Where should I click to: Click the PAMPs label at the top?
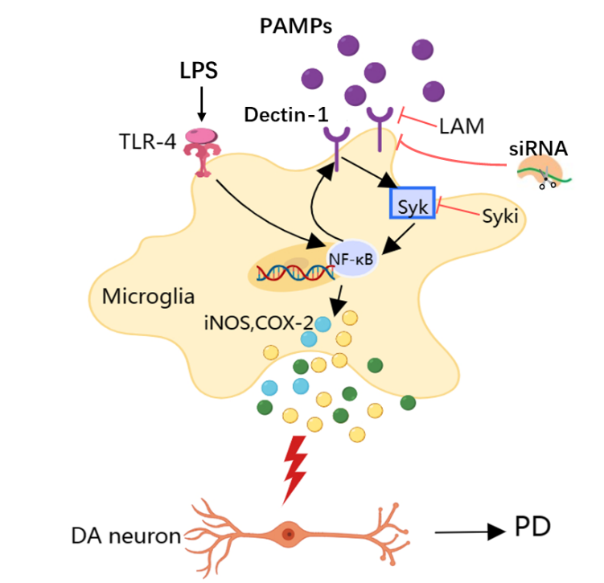pyautogui.click(x=297, y=27)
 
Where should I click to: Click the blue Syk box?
pyautogui.click(x=413, y=203)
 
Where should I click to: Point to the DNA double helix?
pyautogui.click(x=293, y=273)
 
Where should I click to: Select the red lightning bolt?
pyautogui.click(x=297, y=467)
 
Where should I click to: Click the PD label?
pyautogui.click(x=533, y=528)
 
